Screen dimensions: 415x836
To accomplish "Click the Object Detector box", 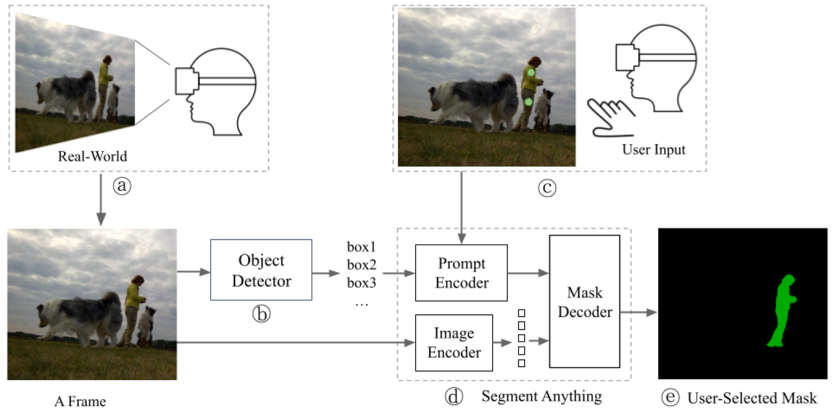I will point(261,270).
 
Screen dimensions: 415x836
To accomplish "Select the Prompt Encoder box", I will point(461,273).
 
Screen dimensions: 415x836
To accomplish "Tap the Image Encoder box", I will point(454,343).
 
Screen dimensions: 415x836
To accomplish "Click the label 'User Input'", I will point(654,150).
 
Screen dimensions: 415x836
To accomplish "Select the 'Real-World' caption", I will point(92,156).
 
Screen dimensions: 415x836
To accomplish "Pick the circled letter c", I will point(546,187).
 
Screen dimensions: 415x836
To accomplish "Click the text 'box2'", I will point(361,265).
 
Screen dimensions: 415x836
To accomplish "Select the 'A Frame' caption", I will point(80,402).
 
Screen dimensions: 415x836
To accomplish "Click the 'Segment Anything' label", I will point(541,396).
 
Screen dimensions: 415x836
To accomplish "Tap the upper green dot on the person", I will point(530,73).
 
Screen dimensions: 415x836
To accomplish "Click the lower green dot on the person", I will point(528,102).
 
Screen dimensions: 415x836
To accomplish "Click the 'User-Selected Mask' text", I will point(752,398).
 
